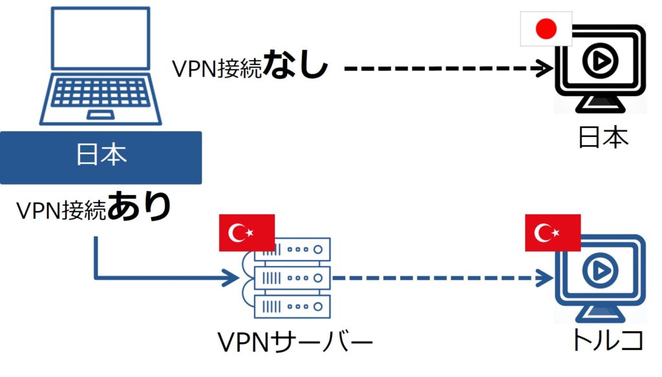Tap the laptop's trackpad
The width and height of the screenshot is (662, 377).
tap(101, 115)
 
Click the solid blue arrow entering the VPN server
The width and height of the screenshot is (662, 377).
tap(162, 278)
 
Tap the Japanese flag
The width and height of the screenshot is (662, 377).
tap(546, 29)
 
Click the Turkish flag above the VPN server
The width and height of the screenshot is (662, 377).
tap(247, 232)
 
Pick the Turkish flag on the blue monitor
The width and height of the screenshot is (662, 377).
tap(552, 232)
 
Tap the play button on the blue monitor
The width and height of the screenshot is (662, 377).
tap(597, 272)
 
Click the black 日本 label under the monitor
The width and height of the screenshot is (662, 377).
tap(603, 137)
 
